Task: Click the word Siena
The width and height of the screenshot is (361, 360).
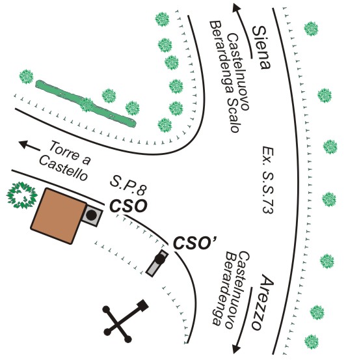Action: (x=261, y=48)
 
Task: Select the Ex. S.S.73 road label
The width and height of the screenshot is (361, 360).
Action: (x=268, y=180)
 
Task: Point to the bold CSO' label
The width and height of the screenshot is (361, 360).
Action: (x=194, y=243)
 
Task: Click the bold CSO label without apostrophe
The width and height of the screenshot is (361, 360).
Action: (x=128, y=206)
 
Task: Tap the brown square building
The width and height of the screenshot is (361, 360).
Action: (x=59, y=216)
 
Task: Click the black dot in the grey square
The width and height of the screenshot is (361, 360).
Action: (x=92, y=215)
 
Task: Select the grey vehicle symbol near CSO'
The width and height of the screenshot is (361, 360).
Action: (x=157, y=262)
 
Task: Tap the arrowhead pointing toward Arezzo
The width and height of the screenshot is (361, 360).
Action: (x=236, y=349)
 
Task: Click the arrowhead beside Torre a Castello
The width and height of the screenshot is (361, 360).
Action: (x=23, y=144)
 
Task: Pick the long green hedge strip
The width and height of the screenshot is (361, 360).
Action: (x=86, y=104)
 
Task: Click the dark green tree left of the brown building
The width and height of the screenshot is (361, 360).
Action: (x=21, y=195)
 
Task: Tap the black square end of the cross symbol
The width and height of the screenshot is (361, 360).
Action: (x=142, y=305)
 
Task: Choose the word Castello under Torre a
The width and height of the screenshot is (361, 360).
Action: (x=63, y=169)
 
